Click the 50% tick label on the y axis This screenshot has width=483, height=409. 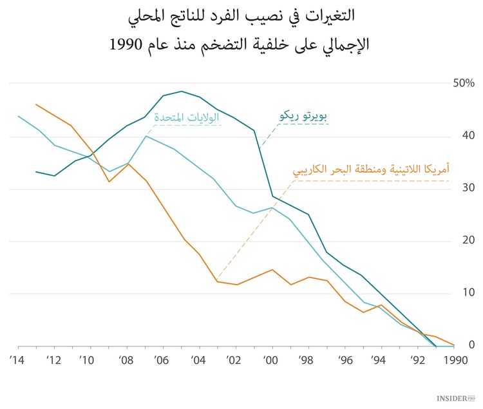coord(462,84)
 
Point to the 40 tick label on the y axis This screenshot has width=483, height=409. coord(467,136)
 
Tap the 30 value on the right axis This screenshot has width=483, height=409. coord(467,189)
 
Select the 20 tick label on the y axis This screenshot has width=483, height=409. coord(467,241)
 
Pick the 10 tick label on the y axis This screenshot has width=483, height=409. coord(467,294)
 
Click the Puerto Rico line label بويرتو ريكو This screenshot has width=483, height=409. coord(305,117)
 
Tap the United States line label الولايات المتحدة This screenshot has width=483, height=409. coord(186,117)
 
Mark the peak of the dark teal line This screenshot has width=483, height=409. coord(181,91)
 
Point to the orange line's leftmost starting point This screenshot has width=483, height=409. coord(36,104)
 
